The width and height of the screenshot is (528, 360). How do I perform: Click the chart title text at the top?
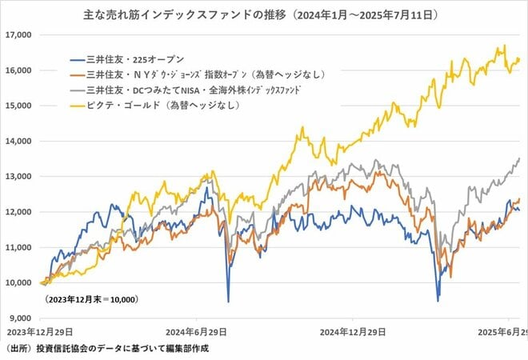pos(265,15)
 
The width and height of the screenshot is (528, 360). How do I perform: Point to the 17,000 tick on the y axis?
pos(18,35)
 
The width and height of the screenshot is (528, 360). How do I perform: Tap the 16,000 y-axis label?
pos(18,70)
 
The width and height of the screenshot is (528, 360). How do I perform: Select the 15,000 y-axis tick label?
pos(18,106)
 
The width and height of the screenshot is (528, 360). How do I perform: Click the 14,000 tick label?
pos(18,141)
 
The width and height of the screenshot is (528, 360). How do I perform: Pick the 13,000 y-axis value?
pos(18,176)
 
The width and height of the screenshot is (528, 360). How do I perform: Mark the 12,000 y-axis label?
pos(18,212)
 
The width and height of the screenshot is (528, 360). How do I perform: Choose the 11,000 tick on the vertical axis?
pos(18,247)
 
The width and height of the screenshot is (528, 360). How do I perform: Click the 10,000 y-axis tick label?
pos(18,282)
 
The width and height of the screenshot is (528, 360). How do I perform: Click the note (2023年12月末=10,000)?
pos(89,299)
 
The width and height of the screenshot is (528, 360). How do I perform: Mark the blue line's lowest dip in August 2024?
pos(228,301)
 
